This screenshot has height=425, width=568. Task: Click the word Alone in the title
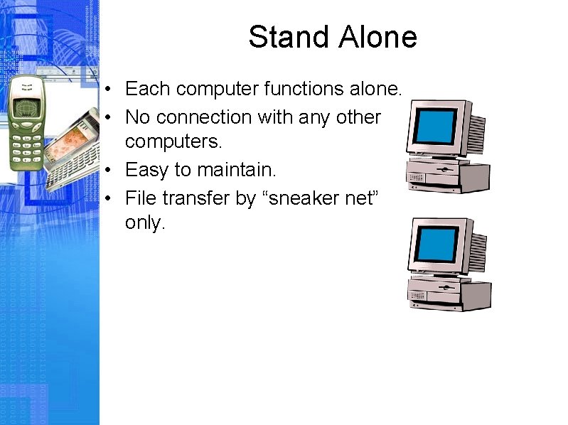(377, 37)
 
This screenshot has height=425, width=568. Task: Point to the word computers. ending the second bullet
(173, 141)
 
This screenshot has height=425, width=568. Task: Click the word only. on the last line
(145, 222)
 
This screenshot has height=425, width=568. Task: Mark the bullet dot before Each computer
(105, 90)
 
